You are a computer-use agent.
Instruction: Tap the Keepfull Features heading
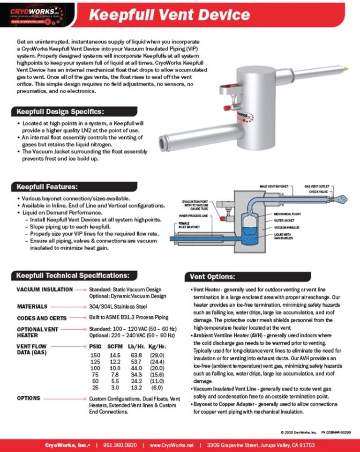click(47, 187)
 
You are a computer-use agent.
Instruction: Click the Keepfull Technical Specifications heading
click(70, 275)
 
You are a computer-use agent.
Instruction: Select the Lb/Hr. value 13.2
click(135, 388)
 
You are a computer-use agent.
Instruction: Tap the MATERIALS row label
click(32, 307)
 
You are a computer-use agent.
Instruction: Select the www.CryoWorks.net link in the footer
click(172, 445)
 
